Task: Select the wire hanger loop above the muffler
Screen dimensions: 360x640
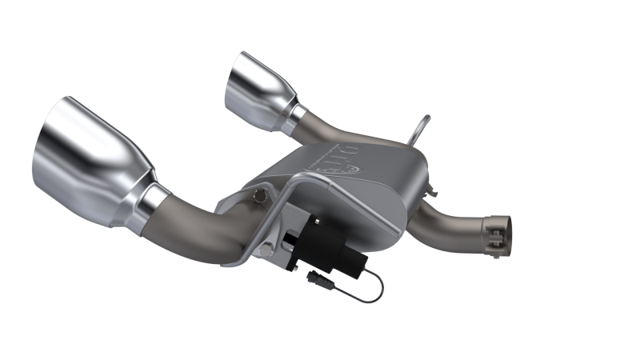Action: point(420,128)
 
